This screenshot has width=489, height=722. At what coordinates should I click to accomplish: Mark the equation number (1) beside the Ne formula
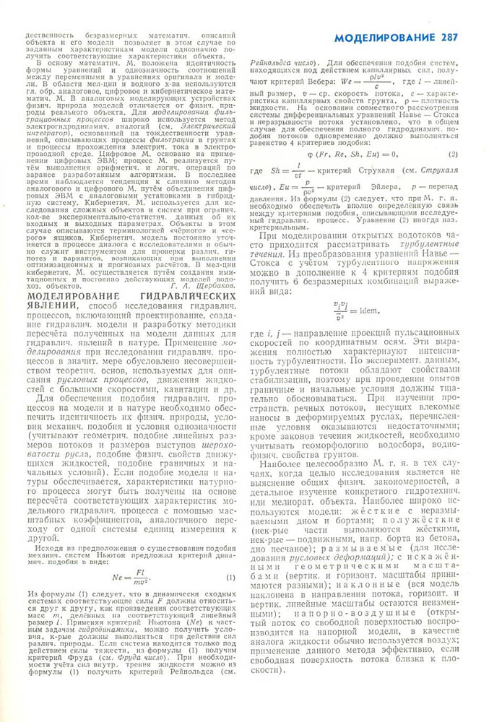(230, 557)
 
